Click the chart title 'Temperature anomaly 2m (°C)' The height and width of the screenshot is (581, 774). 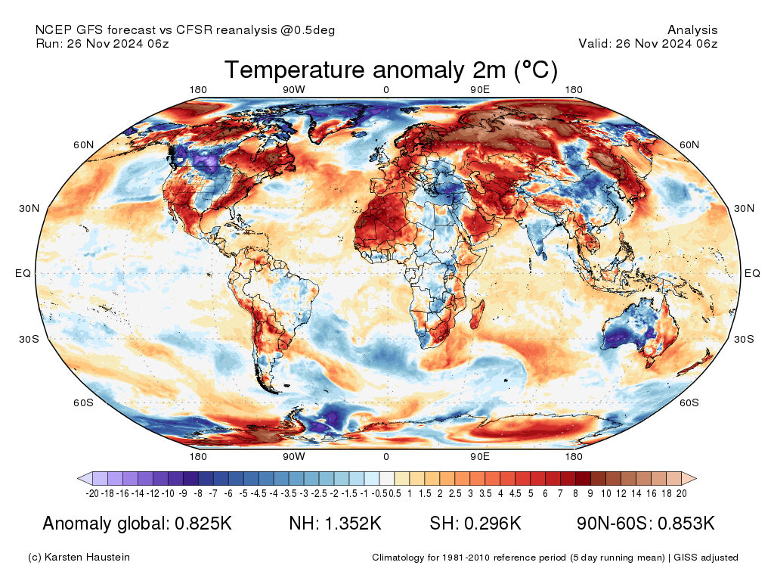391,70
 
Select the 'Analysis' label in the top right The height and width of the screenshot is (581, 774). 692,30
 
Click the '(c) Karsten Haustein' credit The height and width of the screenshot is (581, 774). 79,558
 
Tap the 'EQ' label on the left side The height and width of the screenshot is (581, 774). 23,273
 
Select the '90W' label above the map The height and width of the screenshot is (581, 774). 294,90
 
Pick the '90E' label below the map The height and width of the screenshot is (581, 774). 481,457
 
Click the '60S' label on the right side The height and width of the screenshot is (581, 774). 689,402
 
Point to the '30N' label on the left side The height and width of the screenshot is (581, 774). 29,209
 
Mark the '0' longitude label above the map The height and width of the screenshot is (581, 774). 386,90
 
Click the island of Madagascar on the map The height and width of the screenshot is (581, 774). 476,312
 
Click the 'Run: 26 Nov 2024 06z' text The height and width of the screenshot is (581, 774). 102,44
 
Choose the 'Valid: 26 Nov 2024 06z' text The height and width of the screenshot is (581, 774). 648,44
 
